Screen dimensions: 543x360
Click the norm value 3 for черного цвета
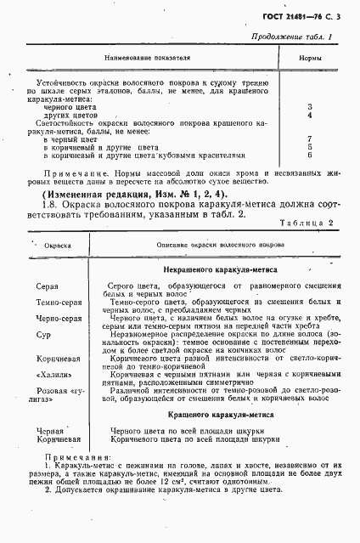[310, 107]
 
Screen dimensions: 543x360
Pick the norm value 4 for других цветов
[310, 115]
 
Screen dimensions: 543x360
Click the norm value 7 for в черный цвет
[310, 139]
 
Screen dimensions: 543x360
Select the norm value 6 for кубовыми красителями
[310, 155]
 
